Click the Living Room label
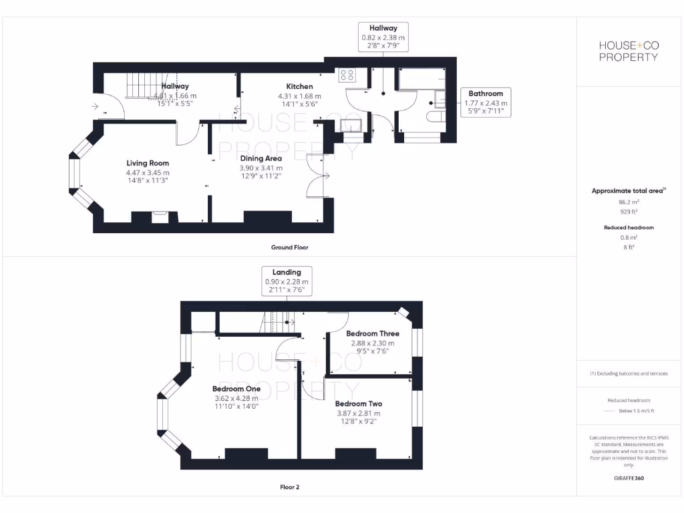click(x=148, y=163)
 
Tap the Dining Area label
click(x=261, y=158)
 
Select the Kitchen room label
click(x=299, y=87)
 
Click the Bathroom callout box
click(x=486, y=103)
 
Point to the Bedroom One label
click(x=236, y=389)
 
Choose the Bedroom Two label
click(x=359, y=404)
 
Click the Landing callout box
click(x=287, y=281)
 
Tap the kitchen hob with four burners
click(x=347, y=74)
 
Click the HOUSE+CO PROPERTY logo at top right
click(x=628, y=51)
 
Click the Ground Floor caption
click(x=289, y=247)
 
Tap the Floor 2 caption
click(x=289, y=487)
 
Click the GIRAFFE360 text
click(x=628, y=478)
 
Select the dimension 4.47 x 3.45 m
click(x=148, y=172)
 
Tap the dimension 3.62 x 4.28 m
click(x=236, y=398)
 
